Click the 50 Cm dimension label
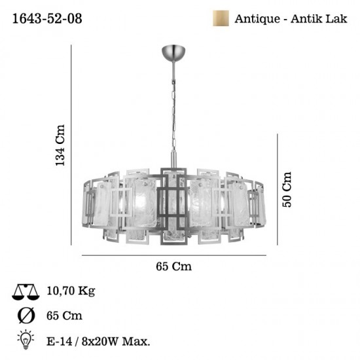286,189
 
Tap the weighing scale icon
26,291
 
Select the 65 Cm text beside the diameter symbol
64,315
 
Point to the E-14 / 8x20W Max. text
98,340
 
